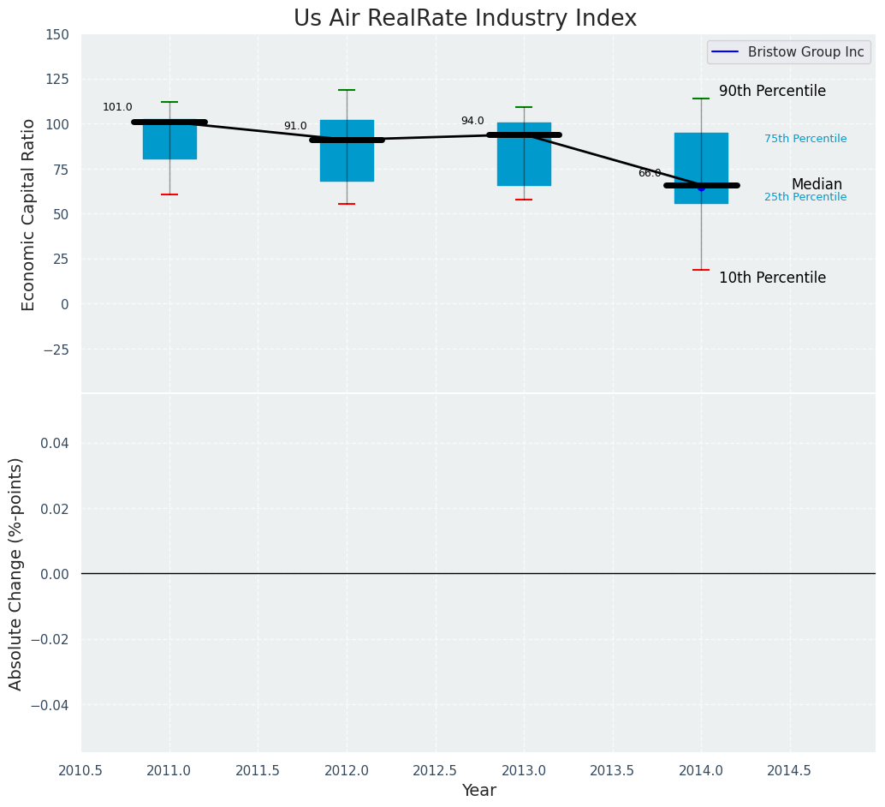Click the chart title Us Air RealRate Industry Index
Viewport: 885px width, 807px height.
pos(465,19)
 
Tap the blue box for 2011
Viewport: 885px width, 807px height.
pos(169,141)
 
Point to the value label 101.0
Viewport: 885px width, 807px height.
pos(117,108)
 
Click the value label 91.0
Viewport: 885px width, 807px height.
pos(295,127)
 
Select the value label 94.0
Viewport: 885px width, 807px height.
pos(472,122)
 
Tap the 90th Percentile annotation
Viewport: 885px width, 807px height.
pos(772,92)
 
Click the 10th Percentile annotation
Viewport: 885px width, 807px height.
pos(772,278)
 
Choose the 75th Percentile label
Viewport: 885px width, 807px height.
pos(805,139)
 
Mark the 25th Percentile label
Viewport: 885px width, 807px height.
pos(805,197)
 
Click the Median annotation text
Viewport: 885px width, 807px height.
pos(817,185)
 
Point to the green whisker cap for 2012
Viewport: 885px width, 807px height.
pos(347,90)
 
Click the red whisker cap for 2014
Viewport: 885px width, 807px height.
pos(701,270)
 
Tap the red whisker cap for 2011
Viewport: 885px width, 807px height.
pos(169,194)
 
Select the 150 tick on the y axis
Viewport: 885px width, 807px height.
pos(57,35)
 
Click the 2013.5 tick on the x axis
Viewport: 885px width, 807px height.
pos(612,771)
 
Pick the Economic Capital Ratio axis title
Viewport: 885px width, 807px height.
pos(29,214)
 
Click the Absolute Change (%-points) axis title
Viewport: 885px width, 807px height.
pos(16,573)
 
